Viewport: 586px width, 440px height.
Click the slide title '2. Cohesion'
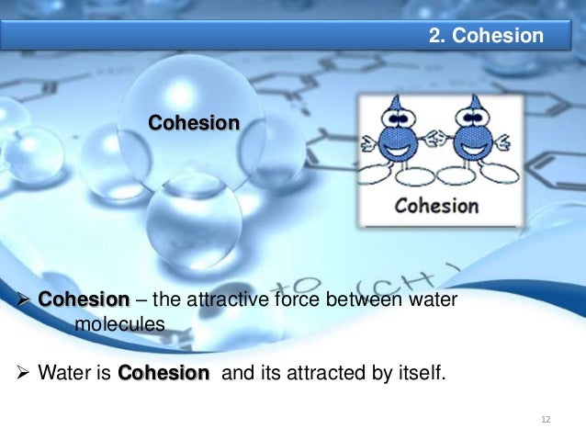[486, 36]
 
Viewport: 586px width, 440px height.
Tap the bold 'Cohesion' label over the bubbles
[194, 122]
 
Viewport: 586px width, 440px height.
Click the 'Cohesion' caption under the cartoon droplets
[436, 205]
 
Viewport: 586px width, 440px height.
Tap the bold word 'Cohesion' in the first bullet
[84, 299]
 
